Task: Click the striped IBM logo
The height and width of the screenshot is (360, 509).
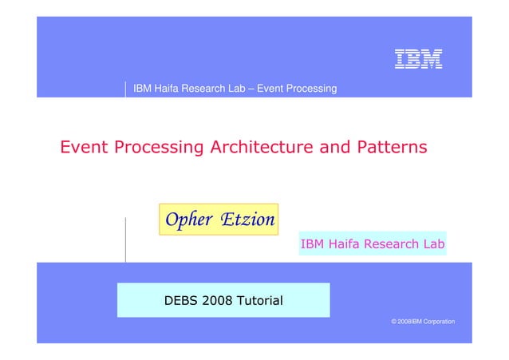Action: pyautogui.click(x=418, y=58)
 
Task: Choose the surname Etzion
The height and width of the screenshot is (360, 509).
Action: pyautogui.click(x=247, y=219)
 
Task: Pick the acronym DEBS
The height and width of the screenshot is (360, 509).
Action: pyautogui.click(x=182, y=301)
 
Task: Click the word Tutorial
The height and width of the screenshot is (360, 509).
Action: pyautogui.click(x=256, y=301)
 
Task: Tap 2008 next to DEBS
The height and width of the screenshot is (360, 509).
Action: pyautogui.click(x=217, y=301)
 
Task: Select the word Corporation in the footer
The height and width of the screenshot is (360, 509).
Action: pyautogui.click(x=436, y=321)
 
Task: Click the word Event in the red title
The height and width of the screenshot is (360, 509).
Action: pyautogui.click(x=85, y=148)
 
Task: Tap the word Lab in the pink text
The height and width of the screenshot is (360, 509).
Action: pyautogui.click(x=432, y=243)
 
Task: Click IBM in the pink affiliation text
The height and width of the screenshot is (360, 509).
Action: pyautogui.click(x=312, y=243)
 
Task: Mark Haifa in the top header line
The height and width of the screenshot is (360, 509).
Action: pyautogui.click(x=168, y=88)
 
